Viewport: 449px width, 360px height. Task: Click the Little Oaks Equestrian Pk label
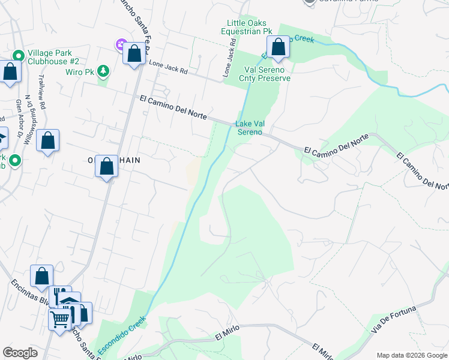(x=247, y=27)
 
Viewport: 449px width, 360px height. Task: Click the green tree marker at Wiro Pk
(x=104, y=71)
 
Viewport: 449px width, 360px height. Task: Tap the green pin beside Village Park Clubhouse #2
(x=17, y=56)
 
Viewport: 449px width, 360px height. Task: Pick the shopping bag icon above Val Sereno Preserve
(x=279, y=47)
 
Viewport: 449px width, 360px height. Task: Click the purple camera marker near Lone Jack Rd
(x=120, y=44)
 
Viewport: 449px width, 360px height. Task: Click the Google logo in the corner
(x=20, y=353)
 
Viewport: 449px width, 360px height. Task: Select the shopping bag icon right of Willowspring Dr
(x=48, y=141)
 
